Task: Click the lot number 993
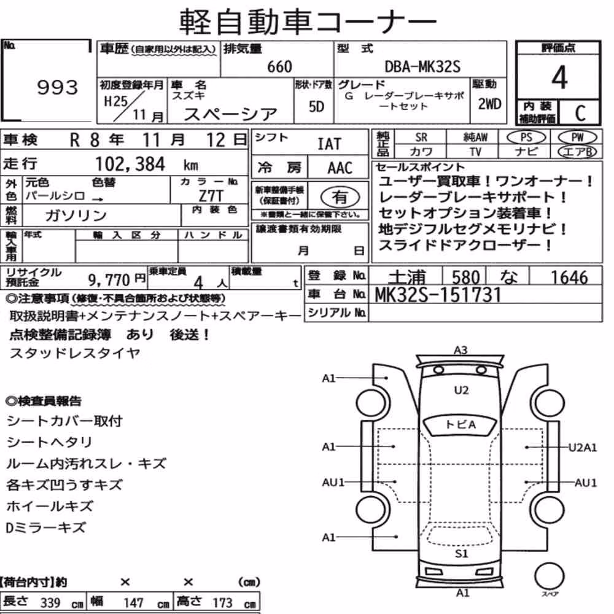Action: click(x=58, y=87)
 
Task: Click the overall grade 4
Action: click(x=559, y=77)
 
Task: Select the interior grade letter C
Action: click(x=580, y=113)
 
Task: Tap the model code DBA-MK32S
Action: click(x=422, y=66)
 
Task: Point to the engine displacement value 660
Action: click(x=279, y=66)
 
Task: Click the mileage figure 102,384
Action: click(x=130, y=164)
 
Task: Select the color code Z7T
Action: click(x=211, y=195)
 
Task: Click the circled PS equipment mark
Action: click(x=526, y=138)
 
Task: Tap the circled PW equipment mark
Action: click(x=577, y=138)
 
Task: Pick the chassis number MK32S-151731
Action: click(x=438, y=295)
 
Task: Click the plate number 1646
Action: click(x=569, y=278)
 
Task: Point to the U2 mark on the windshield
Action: click(x=461, y=390)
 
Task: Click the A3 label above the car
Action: click(x=460, y=350)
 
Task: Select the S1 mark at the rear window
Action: click(x=461, y=553)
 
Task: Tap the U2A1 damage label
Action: click(x=583, y=447)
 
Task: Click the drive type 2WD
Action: click(x=489, y=104)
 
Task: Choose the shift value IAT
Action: click(x=329, y=144)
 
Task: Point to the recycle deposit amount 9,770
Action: click(x=109, y=279)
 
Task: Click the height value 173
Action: click(x=222, y=602)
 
